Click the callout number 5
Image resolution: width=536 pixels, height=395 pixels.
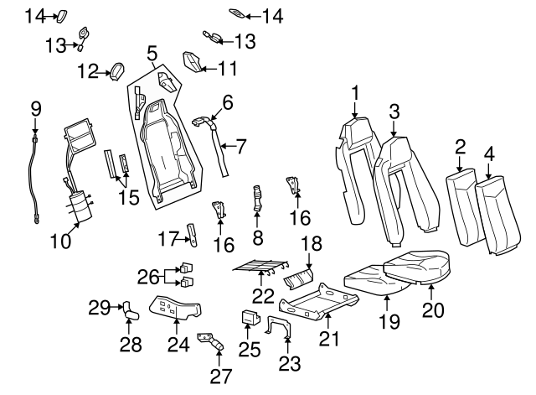point(152,55)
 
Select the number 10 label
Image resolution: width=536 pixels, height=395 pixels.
point(60,242)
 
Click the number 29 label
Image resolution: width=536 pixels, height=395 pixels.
point(99,308)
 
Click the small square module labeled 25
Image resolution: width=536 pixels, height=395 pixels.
point(249,317)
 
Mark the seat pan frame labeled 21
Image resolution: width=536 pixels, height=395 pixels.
point(312,301)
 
